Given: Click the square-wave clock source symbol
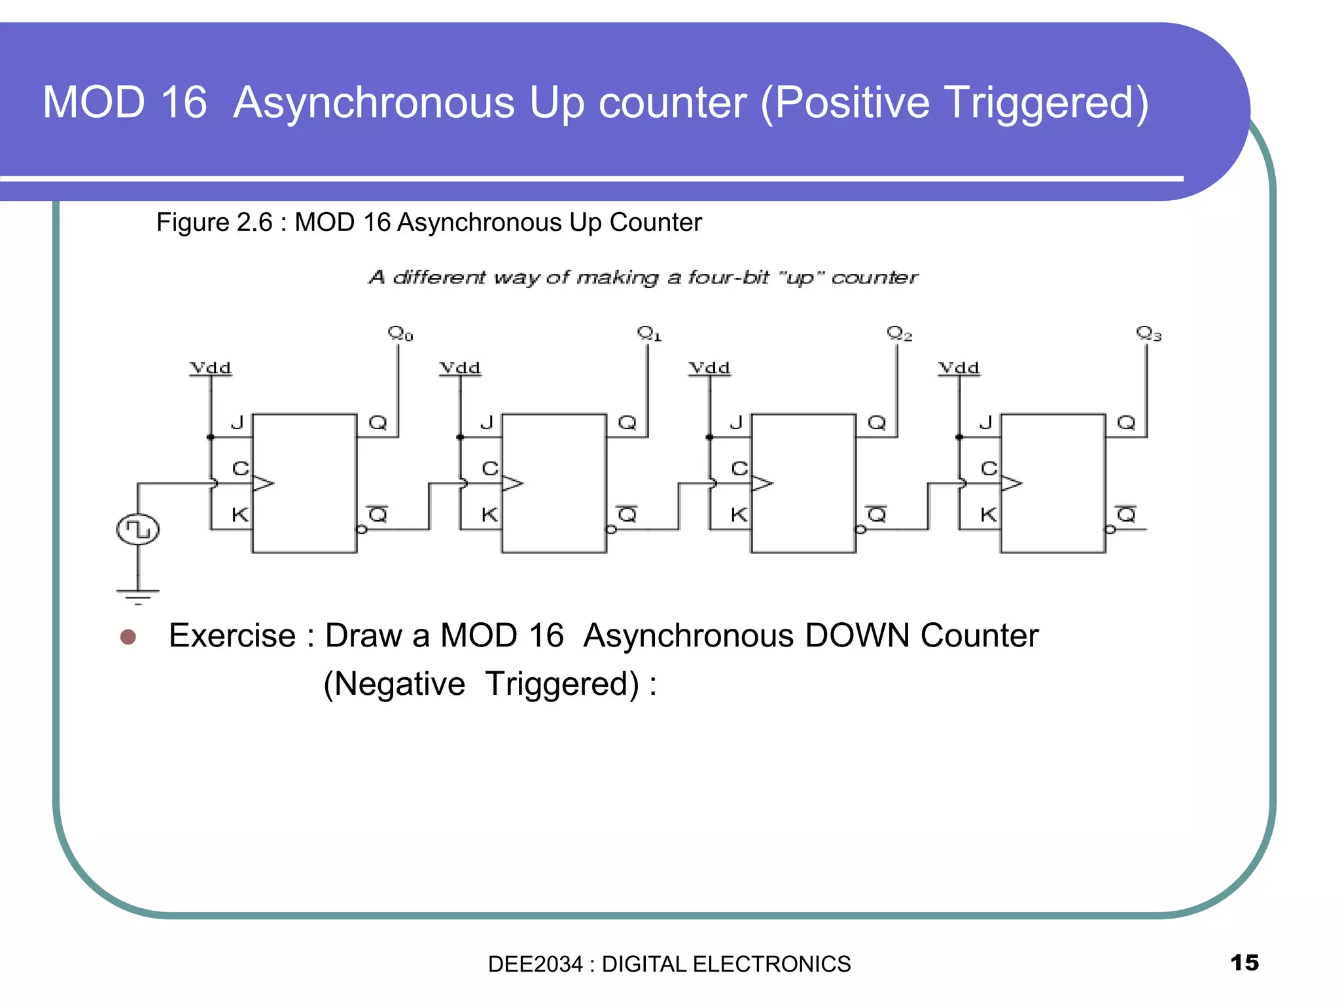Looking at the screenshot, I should pyautogui.click(x=137, y=529).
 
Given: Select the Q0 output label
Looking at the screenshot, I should pyautogui.click(x=400, y=334).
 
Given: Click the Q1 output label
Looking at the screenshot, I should pyautogui.click(x=650, y=334).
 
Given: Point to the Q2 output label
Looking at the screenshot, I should pyautogui.click(x=899, y=334).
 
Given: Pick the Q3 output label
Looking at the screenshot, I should pyautogui.click(x=1148, y=334).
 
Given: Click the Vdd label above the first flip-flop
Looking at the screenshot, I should pyautogui.click(x=210, y=368).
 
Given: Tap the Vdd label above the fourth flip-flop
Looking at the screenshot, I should pyautogui.click(x=959, y=368).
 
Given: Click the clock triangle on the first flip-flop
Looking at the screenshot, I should pyautogui.click(x=262, y=484).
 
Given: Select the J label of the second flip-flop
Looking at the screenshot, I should pyautogui.click(x=486, y=423).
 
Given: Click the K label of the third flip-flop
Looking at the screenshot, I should pyautogui.click(x=739, y=515).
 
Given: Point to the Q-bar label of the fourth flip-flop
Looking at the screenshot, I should pyautogui.click(x=1126, y=514).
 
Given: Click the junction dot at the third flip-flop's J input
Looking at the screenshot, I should pyautogui.click(x=710, y=437).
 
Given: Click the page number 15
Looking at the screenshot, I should pyautogui.click(x=1244, y=962).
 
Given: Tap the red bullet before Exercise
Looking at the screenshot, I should pyautogui.click(x=128, y=637).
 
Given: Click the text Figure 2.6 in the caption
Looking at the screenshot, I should pyautogui.click(x=214, y=222).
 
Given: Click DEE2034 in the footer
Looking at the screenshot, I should pyautogui.click(x=535, y=964).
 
